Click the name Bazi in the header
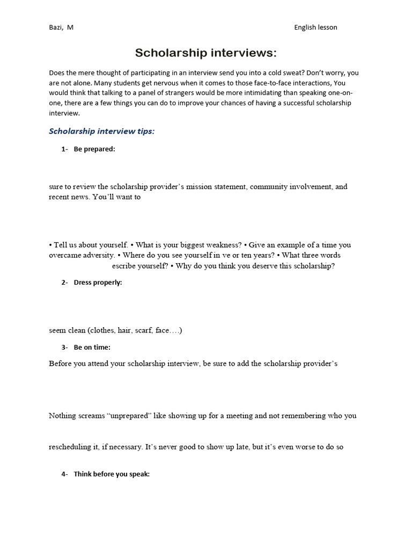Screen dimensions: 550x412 [56, 27]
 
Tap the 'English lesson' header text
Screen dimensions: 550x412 [315, 27]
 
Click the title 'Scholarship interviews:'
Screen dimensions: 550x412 [205, 53]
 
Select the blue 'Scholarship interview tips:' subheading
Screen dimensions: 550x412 [102, 131]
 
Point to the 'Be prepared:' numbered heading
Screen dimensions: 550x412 [94, 149]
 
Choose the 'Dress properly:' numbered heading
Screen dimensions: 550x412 [98, 283]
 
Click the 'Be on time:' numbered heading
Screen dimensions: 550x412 [92, 347]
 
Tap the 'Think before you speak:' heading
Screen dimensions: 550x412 [112, 474]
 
